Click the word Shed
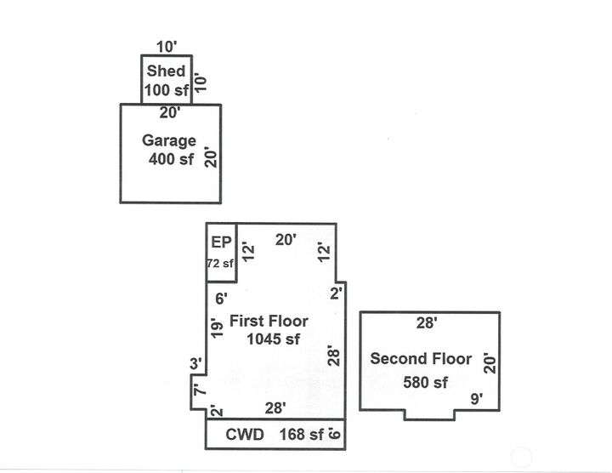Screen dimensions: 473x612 pyautogui.click(x=166, y=71)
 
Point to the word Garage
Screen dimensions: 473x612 pyautogui.click(x=168, y=141)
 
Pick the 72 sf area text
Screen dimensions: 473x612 pyautogui.click(x=220, y=264)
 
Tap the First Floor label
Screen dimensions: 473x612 pyautogui.click(x=269, y=321)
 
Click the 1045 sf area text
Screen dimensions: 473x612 pyautogui.click(x=274, y=339)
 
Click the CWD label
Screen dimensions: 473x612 pyautogui.click(x=244, y=435)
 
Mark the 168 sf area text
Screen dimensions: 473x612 pyautogui.click(x=302, y=435)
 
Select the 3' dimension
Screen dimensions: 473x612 pyautogui.click(x=195, y=364)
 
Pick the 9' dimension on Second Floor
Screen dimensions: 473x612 pyautogui.click(x=476, y=398)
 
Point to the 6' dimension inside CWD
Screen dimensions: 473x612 pyautogui.click(x=336, y=434)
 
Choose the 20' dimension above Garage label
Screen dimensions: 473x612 pyautogui.click(x=170, y=111)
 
